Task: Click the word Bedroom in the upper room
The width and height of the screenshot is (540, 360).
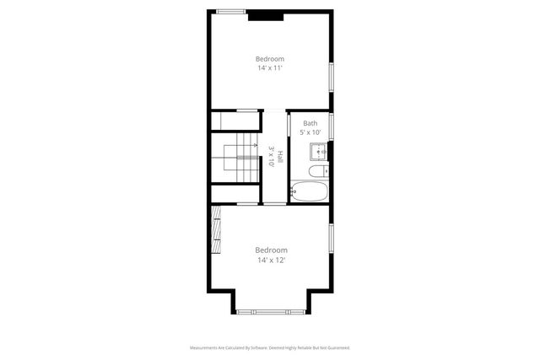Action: (x=270, y=59)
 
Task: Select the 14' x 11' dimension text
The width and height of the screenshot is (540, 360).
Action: (x=270, y=68)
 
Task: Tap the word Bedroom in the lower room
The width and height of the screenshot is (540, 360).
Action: (x=271, y=250)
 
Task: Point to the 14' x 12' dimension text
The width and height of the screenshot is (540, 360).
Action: (x=271, y=261)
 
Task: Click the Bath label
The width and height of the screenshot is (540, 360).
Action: (x=310, y=123)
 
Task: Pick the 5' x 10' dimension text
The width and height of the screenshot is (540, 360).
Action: (x=310, y=132)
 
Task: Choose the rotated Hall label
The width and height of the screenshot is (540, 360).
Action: (x=279, y=157)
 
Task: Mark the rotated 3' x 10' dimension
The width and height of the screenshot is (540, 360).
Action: (x=271, y=157)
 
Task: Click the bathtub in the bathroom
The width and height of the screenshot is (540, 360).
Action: (x=309, y=191)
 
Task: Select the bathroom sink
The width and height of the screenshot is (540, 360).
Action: (x=318, y=152)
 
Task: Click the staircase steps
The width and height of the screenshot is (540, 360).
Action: (x=237, y=161)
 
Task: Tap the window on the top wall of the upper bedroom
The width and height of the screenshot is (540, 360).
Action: (x=230, y=11)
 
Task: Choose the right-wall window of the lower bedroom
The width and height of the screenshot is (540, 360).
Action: (x=332, y=240)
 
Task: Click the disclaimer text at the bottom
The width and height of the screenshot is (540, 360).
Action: (x=270, y=347)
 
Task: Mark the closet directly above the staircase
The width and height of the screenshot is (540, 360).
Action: (x=235, y=121)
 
